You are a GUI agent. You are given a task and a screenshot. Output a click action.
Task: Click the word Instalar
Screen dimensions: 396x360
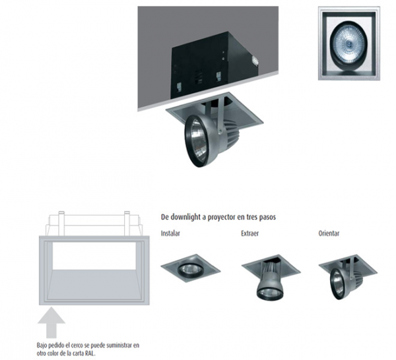[170, 233]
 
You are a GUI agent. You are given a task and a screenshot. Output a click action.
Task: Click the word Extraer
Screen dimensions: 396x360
[249, 233]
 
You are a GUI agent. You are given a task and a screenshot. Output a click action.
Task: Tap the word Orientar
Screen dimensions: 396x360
[329, 233]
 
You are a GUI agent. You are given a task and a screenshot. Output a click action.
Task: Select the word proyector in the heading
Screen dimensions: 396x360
[220, 218]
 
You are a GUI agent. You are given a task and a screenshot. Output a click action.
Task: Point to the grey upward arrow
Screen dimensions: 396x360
[51, 322]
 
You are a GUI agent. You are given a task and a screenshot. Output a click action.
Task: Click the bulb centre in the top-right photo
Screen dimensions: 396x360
[348, 44]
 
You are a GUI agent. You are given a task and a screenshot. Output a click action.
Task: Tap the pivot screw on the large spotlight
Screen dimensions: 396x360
[220, 131]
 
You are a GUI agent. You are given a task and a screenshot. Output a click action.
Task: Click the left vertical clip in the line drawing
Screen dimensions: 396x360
[61, 224]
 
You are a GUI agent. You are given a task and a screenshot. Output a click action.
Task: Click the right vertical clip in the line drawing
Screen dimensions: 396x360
[127, 224]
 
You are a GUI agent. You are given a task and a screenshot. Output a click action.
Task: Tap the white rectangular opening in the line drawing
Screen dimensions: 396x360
[94, 256]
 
